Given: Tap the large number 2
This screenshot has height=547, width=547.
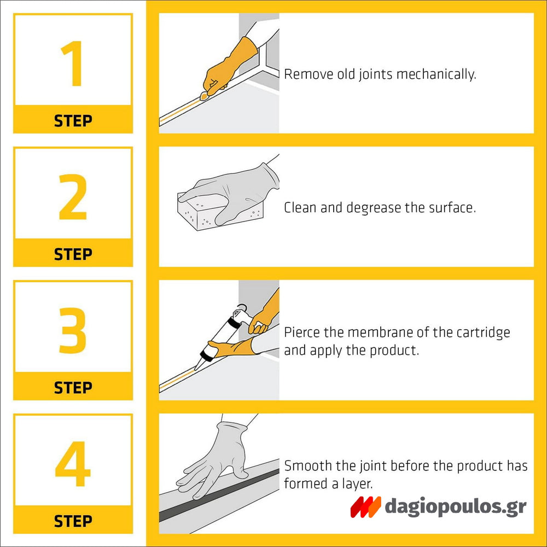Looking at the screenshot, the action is (x=73, y=197).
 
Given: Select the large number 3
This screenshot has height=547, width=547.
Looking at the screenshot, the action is (x=73, y=330).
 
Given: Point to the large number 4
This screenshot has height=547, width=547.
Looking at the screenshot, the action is (x=73, y=464).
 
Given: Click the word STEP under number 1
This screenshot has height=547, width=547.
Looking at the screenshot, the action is (x=73, y=121).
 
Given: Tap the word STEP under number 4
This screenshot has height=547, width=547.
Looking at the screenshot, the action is (x=73, y=521).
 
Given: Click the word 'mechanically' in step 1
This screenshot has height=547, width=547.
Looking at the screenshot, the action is (x=436, y=74).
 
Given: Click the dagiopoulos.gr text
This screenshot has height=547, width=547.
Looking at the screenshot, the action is (x=455, y=507).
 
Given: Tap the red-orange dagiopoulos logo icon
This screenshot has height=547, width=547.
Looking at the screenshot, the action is (x=365, y=507).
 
